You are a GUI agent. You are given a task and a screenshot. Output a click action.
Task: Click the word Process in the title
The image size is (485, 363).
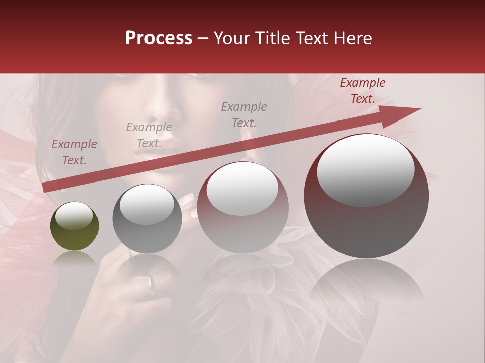[159, 38]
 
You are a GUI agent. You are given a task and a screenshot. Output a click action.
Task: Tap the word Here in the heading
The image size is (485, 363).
[352, 38]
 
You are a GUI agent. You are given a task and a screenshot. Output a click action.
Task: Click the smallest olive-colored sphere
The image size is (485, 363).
[74, 226]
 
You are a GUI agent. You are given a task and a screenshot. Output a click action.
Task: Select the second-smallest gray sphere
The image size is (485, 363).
[147, 218]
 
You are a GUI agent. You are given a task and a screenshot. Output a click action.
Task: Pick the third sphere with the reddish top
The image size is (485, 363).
[243, 207]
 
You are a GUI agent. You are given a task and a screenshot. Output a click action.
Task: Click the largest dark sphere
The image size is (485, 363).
[366, 196]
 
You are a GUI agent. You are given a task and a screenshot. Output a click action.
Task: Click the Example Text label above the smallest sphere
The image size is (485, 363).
[74, 152]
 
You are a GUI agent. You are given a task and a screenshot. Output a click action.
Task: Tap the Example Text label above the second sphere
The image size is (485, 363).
[149, 135]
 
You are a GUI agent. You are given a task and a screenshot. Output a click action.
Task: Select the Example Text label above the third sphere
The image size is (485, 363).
[244, 114]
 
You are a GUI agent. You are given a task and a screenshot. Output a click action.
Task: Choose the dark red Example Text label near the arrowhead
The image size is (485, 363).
[363, 91]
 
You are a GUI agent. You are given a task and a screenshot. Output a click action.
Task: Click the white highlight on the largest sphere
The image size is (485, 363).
[365, 169]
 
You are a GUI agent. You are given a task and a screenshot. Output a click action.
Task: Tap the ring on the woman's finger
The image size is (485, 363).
[151, 285]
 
